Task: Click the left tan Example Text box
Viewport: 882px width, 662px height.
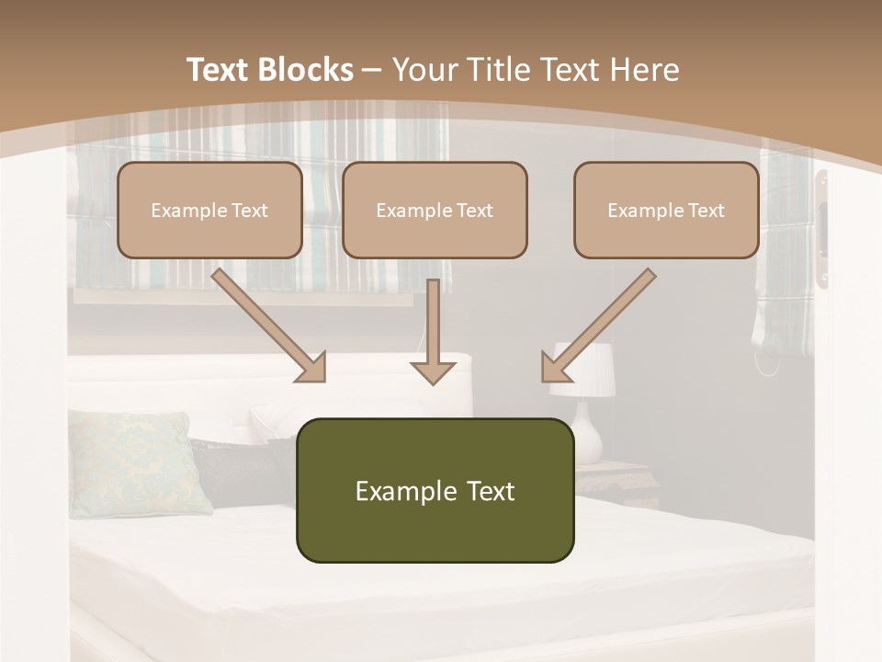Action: click(x=209, y=210)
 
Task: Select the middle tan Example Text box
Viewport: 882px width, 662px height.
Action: click(x=435, y=210)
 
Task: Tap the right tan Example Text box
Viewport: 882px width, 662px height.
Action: click(x=666, y=210)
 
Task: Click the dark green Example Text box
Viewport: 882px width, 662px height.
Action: click(x=435, y=490)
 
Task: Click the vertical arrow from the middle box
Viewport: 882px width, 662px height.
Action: click(x=433, y=331)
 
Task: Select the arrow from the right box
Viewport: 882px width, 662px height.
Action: click(x=597, y=326)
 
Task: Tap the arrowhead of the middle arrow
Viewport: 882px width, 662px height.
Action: click(x=433, y=371)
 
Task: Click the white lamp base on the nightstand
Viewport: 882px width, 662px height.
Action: click(x=588, y=437)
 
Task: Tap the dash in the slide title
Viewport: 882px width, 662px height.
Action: click(x=372, y=70)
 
